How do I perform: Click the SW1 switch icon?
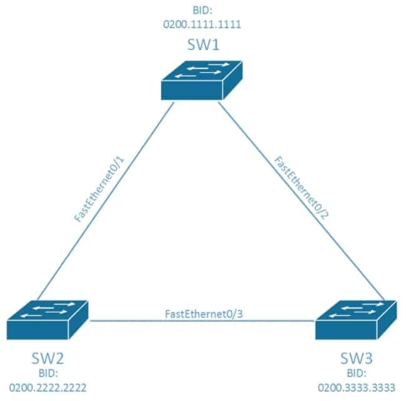pos(195,81)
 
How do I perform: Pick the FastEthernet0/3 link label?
pos(201,313)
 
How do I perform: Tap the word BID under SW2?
pos(48,373)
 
